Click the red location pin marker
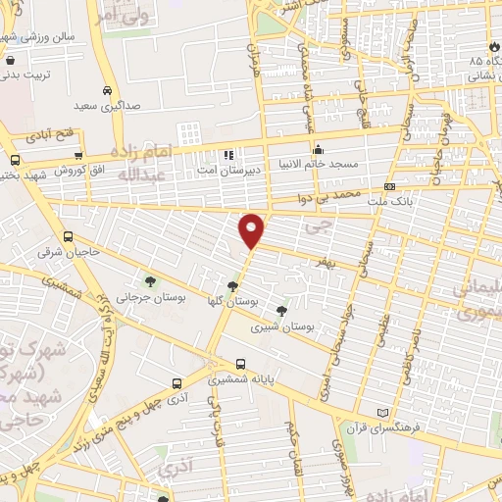click(x=252, y=229)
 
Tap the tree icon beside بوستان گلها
click(x=231, y=287)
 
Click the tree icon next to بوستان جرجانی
click(x=149, y=282)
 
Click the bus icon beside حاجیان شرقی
click(x=67, y=236)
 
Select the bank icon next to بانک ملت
click(x=390, y=186)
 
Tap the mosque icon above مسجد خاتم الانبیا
click(x=318, y=150)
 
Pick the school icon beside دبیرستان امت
click(x=228, y=155)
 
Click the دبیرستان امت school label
click(x=222, y=170)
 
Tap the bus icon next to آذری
click(x=176, y=383)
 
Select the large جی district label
click(x=314, y=226)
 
